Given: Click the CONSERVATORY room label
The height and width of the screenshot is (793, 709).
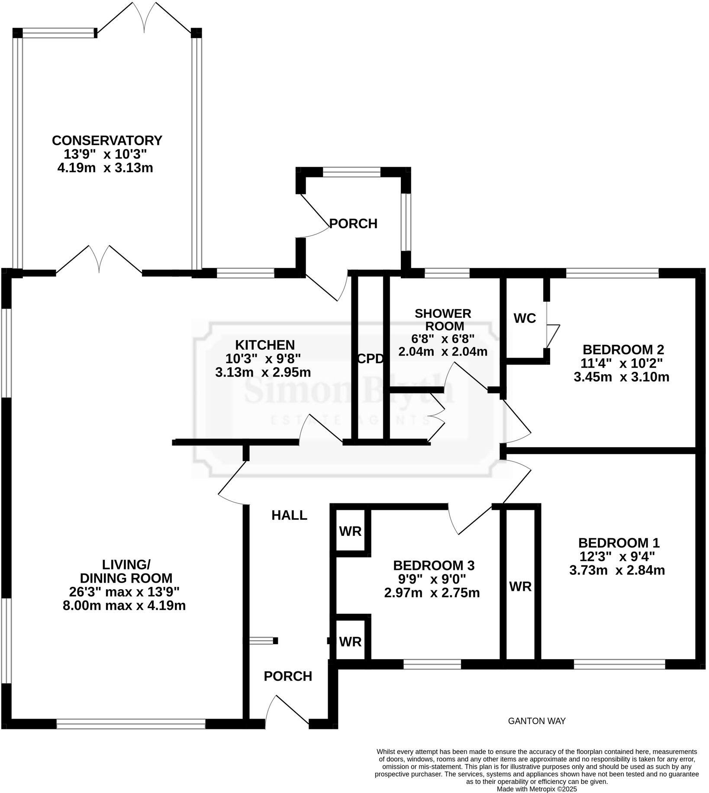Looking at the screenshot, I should coord(107,141).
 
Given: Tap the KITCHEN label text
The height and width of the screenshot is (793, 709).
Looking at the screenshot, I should coord(265,345).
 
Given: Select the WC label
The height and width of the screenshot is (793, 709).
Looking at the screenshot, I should coord(525,319).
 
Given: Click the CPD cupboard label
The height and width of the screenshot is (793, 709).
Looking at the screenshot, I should coord(371,359).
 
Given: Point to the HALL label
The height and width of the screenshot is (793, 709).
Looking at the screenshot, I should coord(289,515).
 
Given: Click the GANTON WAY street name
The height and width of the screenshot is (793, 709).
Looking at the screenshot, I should coord(536,721).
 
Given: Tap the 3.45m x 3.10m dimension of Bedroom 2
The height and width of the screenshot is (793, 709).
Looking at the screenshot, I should coord(621,377).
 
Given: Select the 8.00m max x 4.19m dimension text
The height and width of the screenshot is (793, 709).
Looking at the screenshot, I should coord(124,605).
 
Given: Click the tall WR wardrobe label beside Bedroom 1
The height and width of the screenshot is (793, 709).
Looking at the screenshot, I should coord(520,587).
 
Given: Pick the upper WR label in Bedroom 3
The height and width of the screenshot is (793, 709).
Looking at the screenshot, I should coord(350,531).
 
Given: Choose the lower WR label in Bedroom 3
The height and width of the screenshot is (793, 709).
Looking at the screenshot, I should coord(350,641).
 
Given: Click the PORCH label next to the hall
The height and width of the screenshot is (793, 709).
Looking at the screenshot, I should coord(288,676).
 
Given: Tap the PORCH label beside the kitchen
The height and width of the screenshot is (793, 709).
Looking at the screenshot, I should coord(353,224).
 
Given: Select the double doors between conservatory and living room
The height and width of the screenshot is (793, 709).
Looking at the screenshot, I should coord(100,260).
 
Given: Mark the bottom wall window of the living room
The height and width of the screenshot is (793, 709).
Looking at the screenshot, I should coord(131,724).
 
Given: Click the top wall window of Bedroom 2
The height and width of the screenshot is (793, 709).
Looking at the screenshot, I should coord(612,273).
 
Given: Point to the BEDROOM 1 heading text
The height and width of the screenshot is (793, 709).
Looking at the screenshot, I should coord(619,543).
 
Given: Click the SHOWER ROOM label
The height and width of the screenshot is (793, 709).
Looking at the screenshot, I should coord(442,319).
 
